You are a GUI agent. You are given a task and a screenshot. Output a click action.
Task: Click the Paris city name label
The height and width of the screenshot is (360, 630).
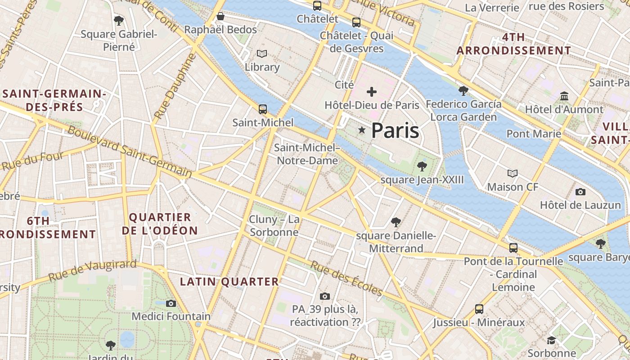click(395, 130)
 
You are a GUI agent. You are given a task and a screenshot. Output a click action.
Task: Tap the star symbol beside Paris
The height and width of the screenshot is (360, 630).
click(362, 130)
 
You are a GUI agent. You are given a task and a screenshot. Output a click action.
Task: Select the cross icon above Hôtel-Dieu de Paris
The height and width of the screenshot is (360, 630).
click(372, 92)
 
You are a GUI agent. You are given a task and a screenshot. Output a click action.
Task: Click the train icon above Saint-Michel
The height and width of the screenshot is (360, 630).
click(263, 109)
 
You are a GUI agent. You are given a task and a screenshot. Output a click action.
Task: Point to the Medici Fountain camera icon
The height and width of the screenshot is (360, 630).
click(171, 303)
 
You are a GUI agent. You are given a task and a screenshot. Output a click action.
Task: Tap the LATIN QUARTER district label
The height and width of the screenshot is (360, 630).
click(229, 282)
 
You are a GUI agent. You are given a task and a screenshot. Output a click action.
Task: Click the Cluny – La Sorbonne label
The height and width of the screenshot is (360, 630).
click(274, 225)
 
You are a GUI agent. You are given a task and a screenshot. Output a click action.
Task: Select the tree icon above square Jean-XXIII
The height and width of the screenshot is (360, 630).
click(422, 166)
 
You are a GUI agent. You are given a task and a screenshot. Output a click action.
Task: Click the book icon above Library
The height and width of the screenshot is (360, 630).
click(262, 54)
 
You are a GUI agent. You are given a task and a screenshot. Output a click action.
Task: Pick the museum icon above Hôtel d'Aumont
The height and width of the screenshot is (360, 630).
click(564, 96)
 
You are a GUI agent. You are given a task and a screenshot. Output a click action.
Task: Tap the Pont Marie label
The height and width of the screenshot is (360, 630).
click(534, 134)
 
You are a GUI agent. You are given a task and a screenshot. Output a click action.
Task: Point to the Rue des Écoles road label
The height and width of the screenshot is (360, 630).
click(346, 279)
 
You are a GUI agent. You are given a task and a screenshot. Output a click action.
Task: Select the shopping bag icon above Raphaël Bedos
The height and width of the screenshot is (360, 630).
click(220, 17)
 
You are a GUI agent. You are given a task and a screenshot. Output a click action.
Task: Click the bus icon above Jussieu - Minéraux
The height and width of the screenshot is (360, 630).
click(479, 309)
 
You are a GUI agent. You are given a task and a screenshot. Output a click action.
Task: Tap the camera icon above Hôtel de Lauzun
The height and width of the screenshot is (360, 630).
click(580, 192)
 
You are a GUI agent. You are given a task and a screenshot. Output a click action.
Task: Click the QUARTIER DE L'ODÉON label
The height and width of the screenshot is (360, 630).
click(160, 224)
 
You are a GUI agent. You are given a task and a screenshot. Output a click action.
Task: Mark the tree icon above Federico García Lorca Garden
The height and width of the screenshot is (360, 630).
click(463, 91)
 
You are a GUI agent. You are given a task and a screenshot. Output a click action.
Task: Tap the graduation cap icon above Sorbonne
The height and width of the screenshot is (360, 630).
click(552, 340)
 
